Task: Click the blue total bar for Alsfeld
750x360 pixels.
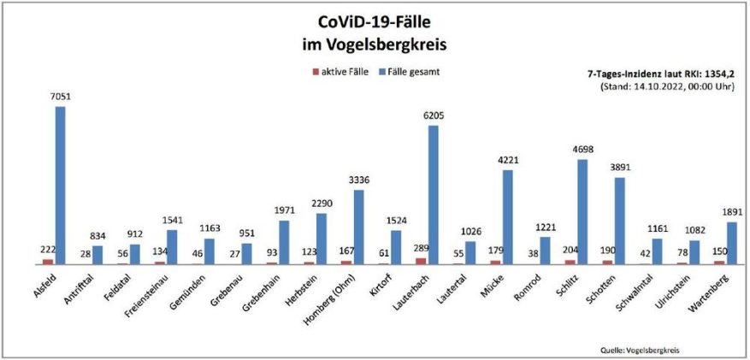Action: [x=61, y=185]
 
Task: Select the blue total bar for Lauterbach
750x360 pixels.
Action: [x=434, y=194]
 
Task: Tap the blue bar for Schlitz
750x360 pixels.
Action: [x=582, y=211]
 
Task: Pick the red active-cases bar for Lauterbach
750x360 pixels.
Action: [x=421, y=261]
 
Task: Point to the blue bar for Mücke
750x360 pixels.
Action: [x=508, y=217]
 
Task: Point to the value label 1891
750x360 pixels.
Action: [x=731, y=213]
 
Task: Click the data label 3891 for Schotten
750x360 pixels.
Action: [x=619, y=168]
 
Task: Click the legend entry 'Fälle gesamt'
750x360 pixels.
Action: [x=414, y=72]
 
